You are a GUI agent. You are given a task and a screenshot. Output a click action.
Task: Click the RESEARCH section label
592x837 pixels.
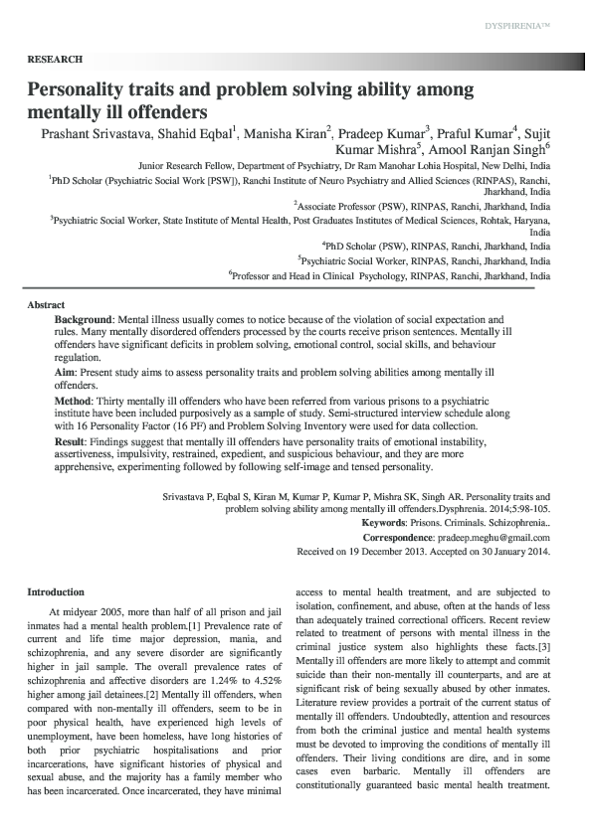pos(55,60)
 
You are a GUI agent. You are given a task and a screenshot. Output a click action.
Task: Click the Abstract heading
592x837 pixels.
pos(46,304)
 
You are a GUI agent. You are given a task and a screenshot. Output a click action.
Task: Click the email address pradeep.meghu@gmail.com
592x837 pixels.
pos(498,537)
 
